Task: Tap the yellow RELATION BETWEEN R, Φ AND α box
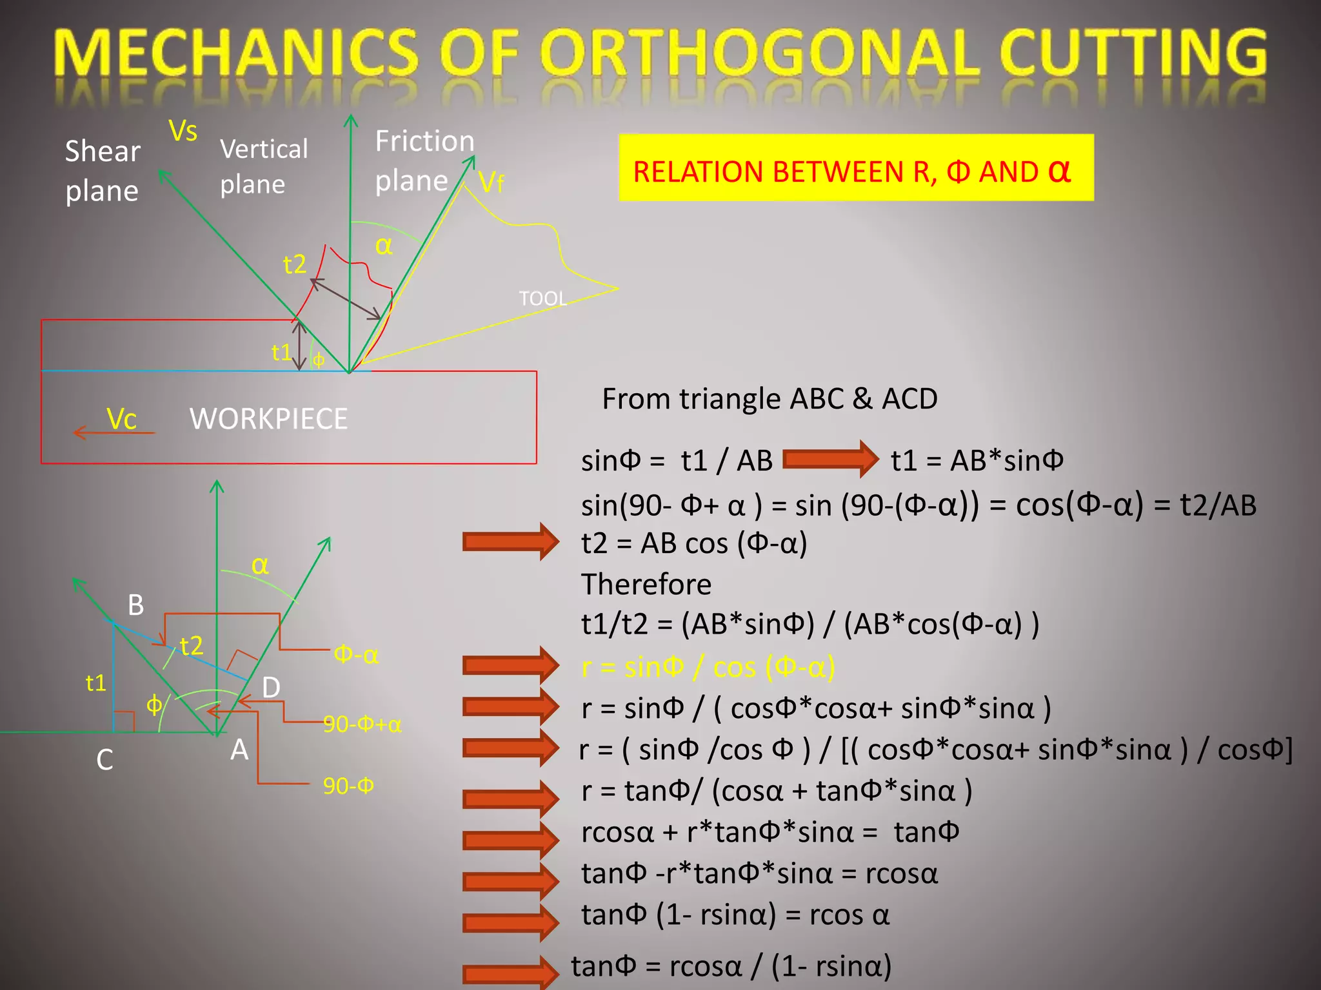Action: (856, 168)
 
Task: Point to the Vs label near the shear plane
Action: (183, 131)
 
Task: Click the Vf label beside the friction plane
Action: (491, 183)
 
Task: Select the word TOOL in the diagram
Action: (542, 298)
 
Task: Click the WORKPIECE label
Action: (268, 419)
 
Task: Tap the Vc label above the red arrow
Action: (121, 419)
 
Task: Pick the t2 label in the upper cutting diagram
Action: (294, 264)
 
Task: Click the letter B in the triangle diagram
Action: (135, 605)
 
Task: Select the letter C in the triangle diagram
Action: (104, 760)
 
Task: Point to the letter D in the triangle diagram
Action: (271, 688)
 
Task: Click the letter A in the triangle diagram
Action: (239, 750)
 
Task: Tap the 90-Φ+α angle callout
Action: (362, 724)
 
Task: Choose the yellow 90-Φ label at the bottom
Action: (348, 786)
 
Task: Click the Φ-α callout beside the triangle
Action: (355, 655)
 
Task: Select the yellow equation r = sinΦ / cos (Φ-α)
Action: (708, 667)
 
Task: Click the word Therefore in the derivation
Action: (646, 585)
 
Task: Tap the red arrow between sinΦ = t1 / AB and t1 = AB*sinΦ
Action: (831, 460)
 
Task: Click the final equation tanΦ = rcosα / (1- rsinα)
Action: (731, 966)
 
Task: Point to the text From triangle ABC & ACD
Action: (770, 399)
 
